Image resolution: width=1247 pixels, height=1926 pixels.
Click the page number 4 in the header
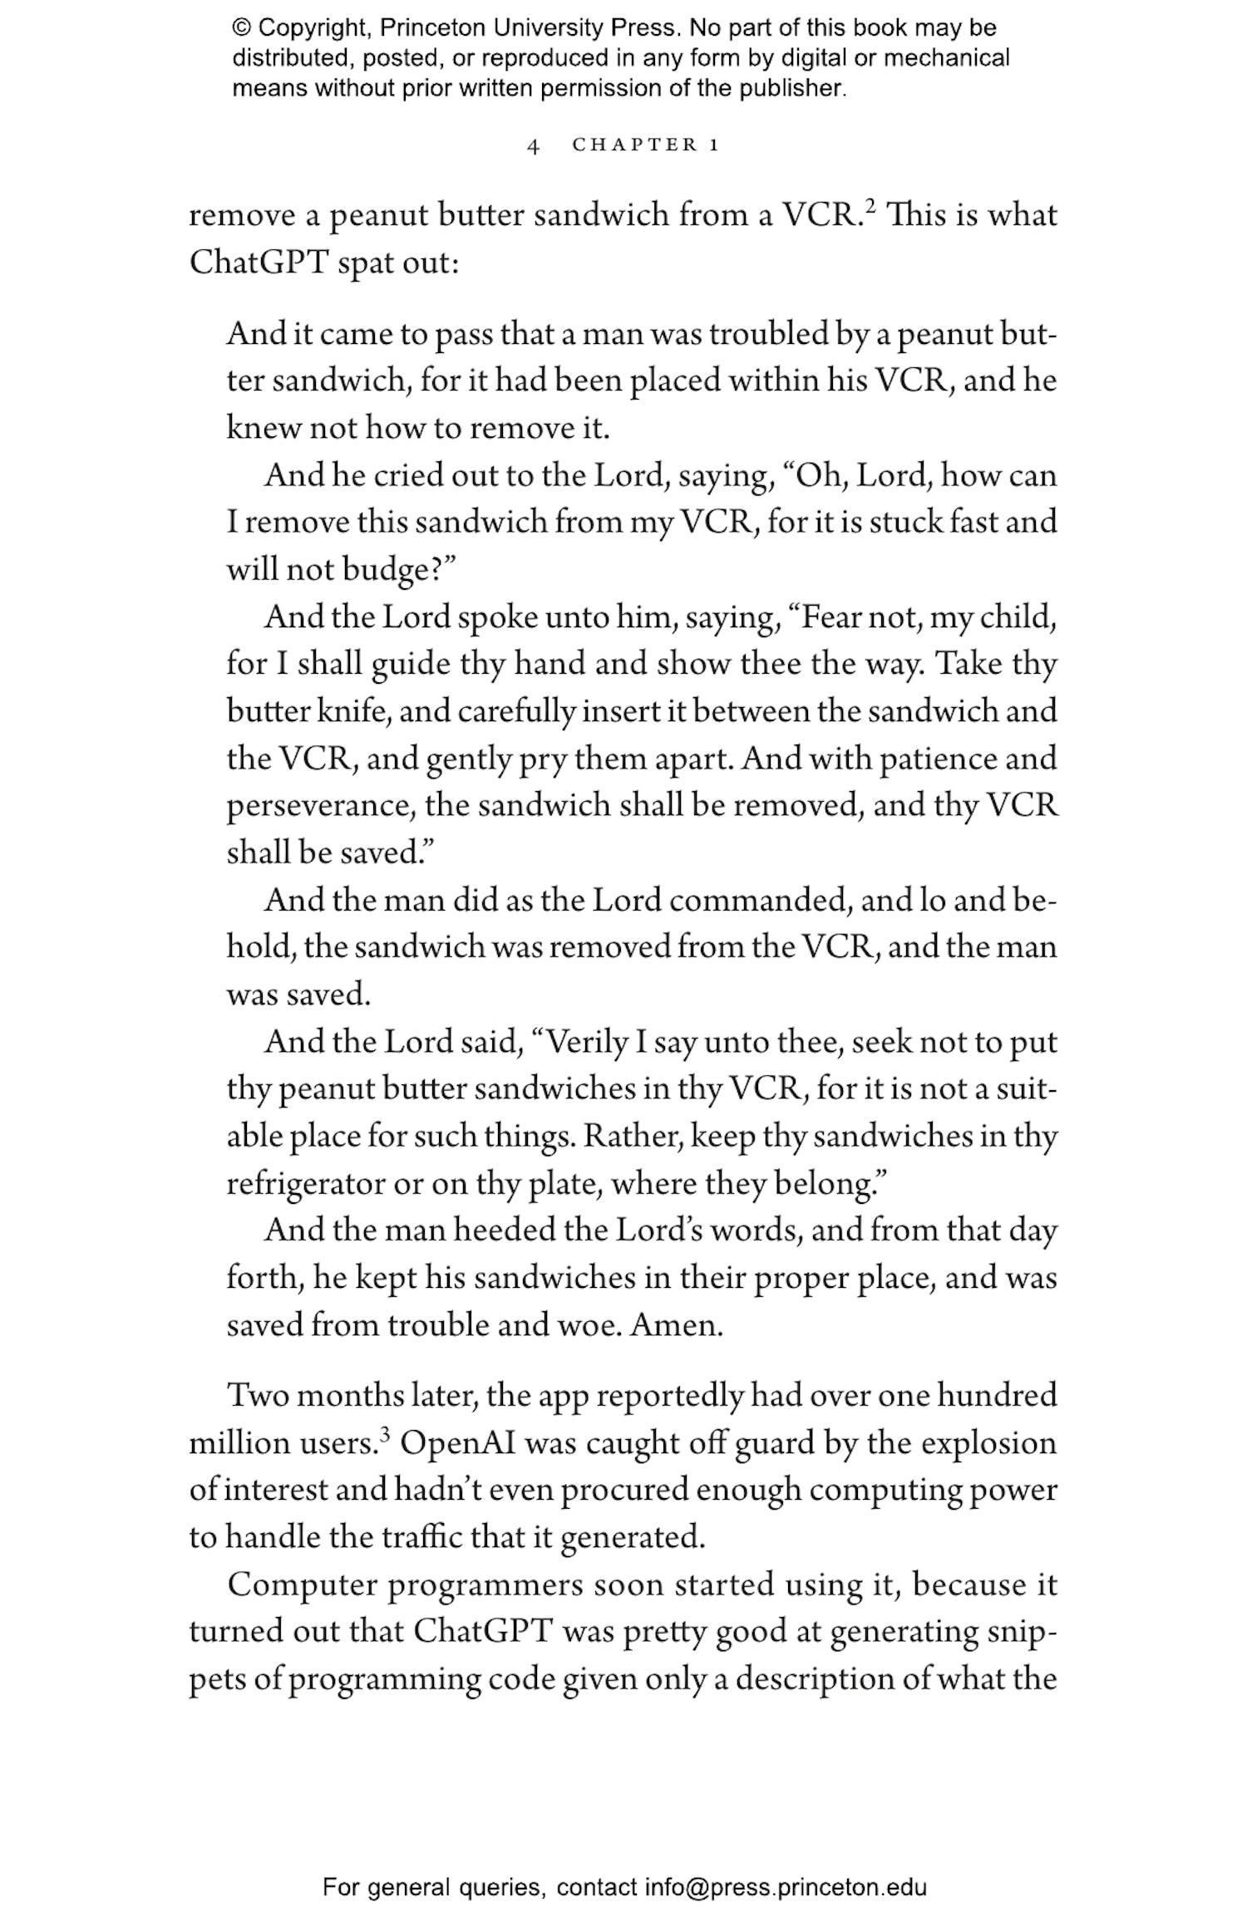[534, 146]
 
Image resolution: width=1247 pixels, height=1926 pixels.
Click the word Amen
[676, 1324]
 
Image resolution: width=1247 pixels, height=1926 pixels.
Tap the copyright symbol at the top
[241, 28]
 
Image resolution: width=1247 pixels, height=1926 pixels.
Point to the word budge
[383, 570]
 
